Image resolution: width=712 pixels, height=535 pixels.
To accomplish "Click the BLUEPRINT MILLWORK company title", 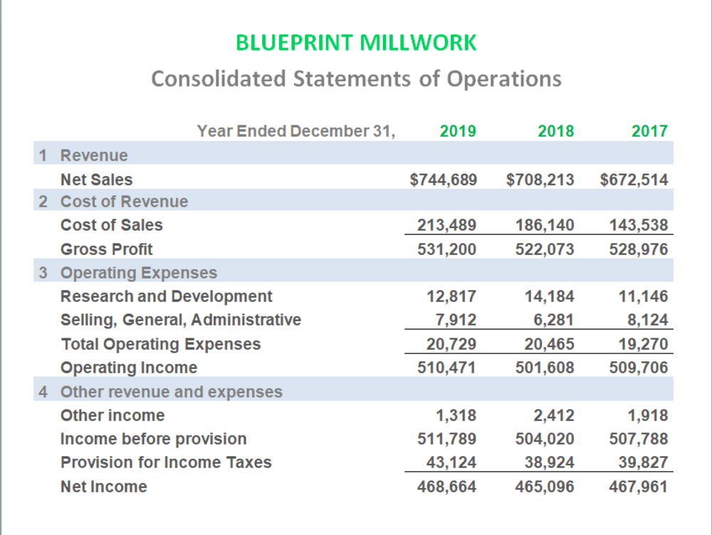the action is pyautogui.click(x=356, y=43).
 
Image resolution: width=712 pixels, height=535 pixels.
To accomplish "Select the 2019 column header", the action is pyautogui.click(x=458, y=131).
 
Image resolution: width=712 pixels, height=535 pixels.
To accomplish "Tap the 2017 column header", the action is pyautogui.click(x=649, y=131).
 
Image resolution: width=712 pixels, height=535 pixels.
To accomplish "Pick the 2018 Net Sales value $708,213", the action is pyautogui.click(x=540, y=180).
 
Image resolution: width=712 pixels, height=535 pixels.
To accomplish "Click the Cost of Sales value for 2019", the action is pyautogui.click(x=447, y=225).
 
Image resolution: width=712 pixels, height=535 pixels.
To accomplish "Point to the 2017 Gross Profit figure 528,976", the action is pyautogui.click(x=639, y=249).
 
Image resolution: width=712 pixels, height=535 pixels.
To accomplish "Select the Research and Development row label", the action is pyautogui.click(x=166, y=296).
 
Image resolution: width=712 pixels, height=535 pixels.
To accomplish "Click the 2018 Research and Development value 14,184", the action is pyautogui.click(x=550, y=296).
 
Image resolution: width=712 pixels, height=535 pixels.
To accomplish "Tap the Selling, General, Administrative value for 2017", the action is pyautogui.click(x=647, y=320).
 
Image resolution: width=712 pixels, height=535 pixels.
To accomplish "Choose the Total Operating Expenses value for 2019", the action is pyautogui.click(x=451, y=344).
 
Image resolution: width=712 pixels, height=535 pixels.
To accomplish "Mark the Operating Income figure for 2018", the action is pyautogui.click(x=545, y=367).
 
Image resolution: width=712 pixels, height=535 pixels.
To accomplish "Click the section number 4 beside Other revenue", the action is pyautogui.click(x=43, y=392).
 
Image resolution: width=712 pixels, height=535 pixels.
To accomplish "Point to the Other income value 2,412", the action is pyautogui.click(x=554, y=415).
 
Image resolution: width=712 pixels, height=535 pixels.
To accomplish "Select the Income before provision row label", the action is pyautogui.click(x=154, y=439).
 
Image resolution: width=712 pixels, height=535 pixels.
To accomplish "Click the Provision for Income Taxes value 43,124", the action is pyautogui.click(x=451, y=462).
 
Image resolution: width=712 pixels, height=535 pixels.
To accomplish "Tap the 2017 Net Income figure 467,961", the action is pyautogui.click(x=639, y=487).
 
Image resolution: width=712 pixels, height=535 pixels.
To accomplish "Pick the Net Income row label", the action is pyautogui.click(x=104, y=487).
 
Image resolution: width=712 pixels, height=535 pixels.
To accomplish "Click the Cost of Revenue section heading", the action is pyautogui.click(x=124, y=201).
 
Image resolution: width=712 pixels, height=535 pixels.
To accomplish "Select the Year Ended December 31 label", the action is pyautogui.click(x=296, y=131).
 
